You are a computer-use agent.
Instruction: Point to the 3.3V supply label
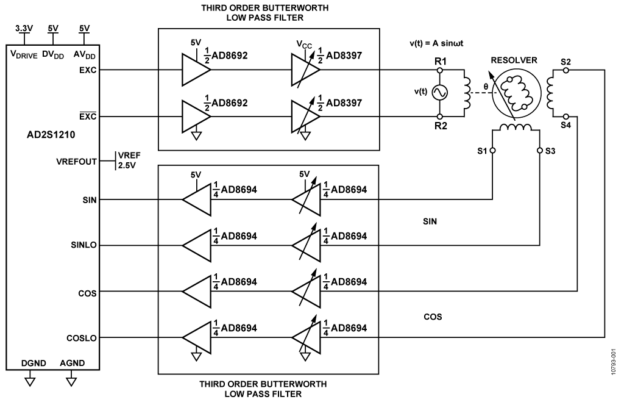(x=23, y=29)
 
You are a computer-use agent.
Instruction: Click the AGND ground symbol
(x=72, y=382)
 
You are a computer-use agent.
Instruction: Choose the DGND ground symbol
(x=28, y=382)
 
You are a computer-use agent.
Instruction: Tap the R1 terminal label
(x=440, y=62)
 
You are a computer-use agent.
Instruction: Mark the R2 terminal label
(x=440, y=126)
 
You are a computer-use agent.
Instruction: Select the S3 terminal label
(x=550, y=150)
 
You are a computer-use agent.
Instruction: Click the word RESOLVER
(x=513, y=60)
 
